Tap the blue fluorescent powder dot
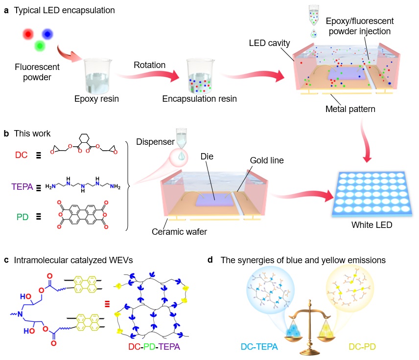click(x=47, y=34)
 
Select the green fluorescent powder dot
click(x=40, y=46)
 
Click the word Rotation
click(x=150, y=65)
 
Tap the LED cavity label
click(x=268, y=43)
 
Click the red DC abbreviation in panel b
click(x=21, y=155)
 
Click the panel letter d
click(x=210, y=260)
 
